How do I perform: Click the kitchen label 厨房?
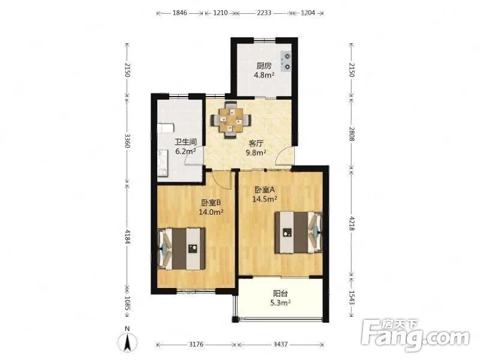(264, 66)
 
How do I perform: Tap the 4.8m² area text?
(264, 74)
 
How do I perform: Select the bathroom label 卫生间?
(185, 142)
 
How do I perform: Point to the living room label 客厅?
(256, 143)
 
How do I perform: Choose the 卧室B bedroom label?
(211, 202)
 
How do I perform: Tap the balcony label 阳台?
(280, 293)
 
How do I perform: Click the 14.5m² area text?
(265, 199)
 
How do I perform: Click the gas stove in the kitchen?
(287, 61)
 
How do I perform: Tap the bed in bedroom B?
(181, 248)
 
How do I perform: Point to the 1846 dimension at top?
(179, 13)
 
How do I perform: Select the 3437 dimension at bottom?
(281, 344)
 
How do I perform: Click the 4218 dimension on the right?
(352, 223)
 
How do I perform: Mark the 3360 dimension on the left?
(127, 140)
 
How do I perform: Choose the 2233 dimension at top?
(264, 13)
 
